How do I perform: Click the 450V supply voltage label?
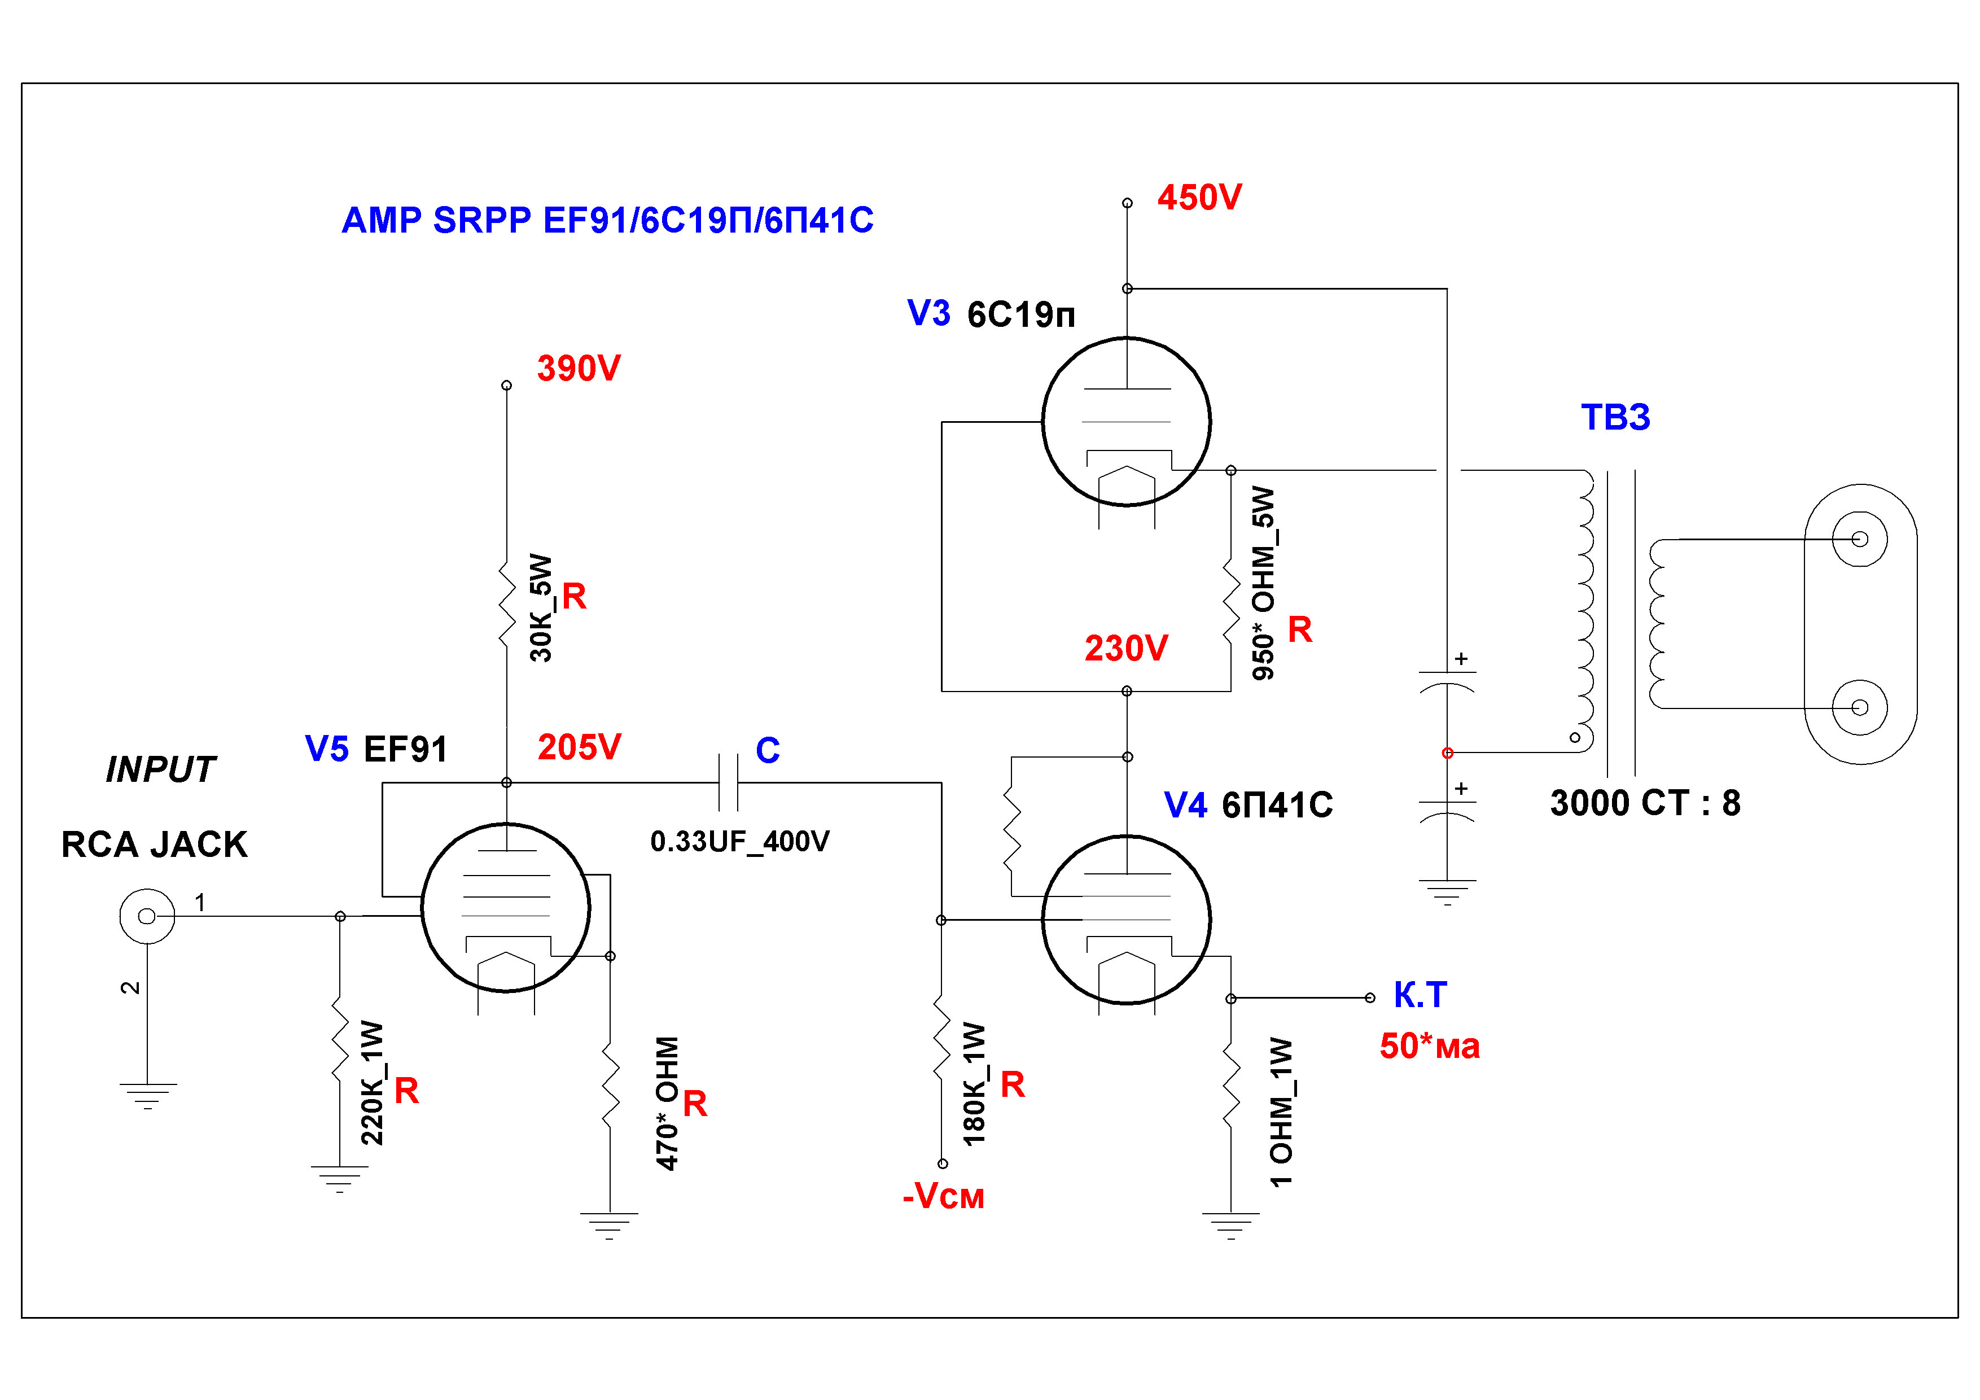[x=1199, y=198]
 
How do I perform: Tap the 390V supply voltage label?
[x=579, y=368]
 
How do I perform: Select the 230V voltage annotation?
[x=1126, y=648]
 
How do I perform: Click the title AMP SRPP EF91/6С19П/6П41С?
[x=608, y=220]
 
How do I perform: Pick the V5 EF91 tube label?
[x=377, y=749]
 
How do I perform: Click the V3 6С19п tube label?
[x=992, y=314]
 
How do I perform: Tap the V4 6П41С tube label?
[x=1249, y=805]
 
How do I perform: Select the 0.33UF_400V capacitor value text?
[x=740, y=842]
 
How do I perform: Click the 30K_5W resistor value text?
[x=541, y=607]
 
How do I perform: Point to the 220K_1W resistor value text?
[x=372, y=1083]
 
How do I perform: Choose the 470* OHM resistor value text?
[x=668, y=1103]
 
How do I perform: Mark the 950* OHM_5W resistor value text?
[x=1263, y=583]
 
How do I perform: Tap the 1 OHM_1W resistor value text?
[x=1281, y=1112]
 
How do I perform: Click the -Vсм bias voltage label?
[x=943, y=1196]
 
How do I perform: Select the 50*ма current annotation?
[x=1430, y=1047]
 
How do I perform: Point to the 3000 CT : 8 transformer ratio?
[x=1645, y=803]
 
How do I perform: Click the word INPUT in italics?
[x=160, y=769]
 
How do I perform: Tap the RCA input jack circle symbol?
[x=147, y=916]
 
